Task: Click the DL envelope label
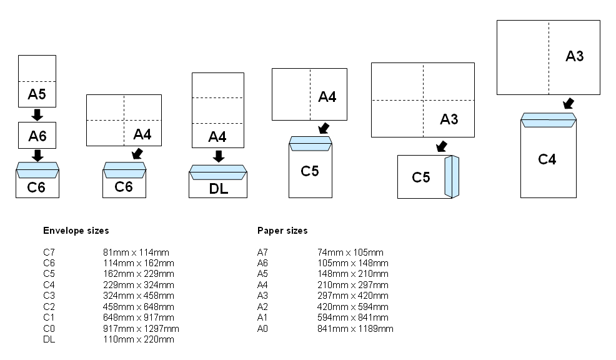click(x=219, y=189)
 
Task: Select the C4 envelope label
click(x=547, y=159)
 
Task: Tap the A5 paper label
click(x=37, y=94)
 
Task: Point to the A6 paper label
click(x=37, y=135)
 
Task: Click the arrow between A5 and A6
click(x=37, y=115)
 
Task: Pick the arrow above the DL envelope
click(x=219, y=156)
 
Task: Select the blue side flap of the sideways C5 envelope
click(x=451, y=177)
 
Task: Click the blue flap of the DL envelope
click(x=218, y=172)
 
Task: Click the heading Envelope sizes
click(x=76, y=231)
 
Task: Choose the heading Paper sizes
click(x=282, y=231)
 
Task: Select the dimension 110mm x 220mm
click(x=139, y=339)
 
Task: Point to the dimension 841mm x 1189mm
click(x=355, y=329)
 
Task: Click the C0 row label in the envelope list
click(x=49, y=329)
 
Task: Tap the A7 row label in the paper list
click(x=262, y=252)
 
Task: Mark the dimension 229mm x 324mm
click(x=139, y=285)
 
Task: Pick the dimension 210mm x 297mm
click(x=353, y=285)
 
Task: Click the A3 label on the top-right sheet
click(x=575, y=56)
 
